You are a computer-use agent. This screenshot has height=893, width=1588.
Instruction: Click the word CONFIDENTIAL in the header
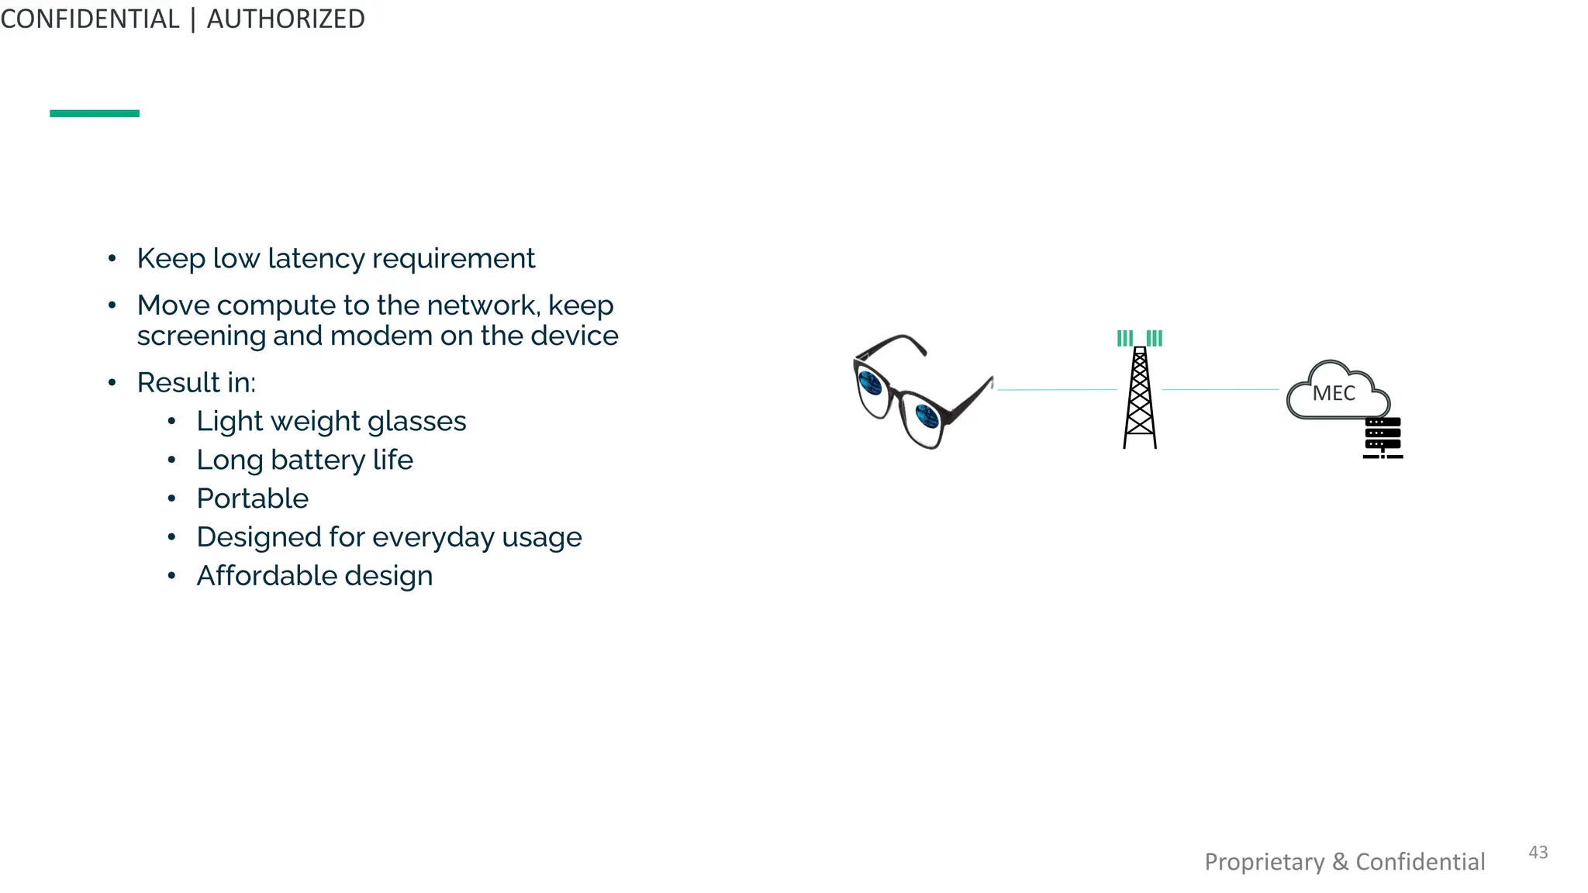click(90, 19)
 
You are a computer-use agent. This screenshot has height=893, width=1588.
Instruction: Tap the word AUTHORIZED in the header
click(285, 19)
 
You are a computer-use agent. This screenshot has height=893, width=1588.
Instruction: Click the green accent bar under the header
click(95, 113)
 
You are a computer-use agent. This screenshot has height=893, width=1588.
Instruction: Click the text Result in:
click(196, 382)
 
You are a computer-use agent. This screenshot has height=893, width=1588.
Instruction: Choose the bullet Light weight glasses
click(331, 421)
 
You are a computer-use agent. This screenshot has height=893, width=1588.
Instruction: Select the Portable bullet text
click(252, 498)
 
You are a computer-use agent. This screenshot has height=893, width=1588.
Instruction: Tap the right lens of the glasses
click(926, 417)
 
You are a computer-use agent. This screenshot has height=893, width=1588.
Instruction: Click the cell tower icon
click(1140, 399)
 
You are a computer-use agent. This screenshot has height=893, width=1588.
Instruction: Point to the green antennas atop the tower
click(1140, 338)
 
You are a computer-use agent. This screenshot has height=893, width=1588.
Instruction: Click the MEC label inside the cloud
click(1334, 393)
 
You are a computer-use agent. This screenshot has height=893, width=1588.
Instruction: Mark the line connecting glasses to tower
click(1056, 389)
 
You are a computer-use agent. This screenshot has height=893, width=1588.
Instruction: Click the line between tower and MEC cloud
click(1220, 389)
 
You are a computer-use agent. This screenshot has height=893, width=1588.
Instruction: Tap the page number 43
click(1538, 852)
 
